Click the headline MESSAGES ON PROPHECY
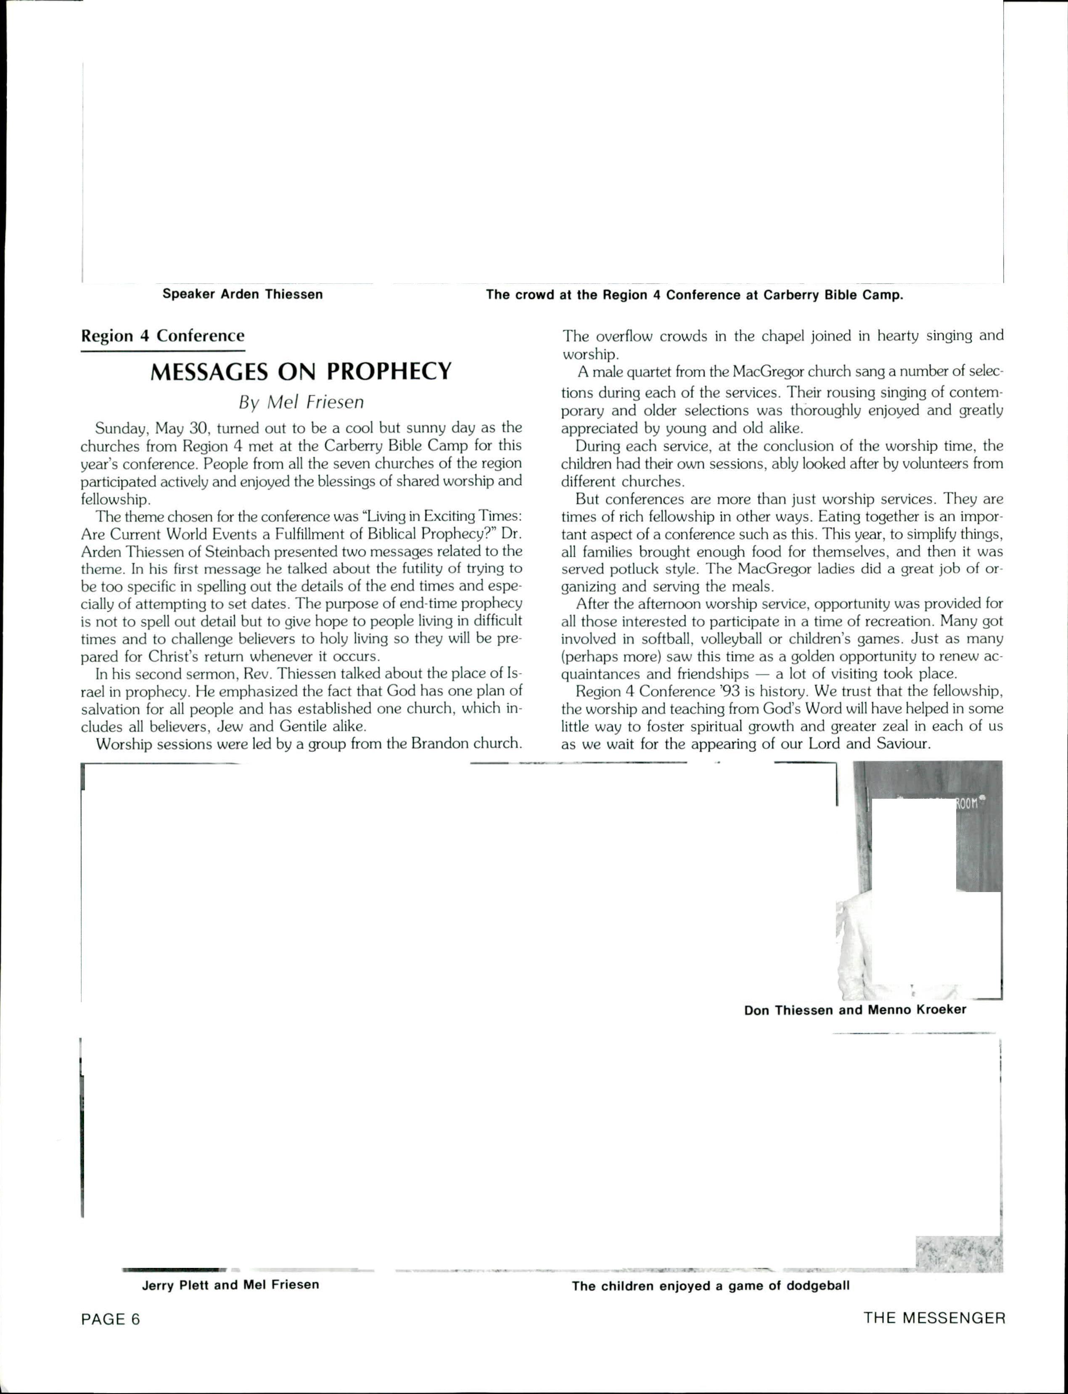[x=301, y=371]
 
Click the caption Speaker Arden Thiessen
[x=242, y=294]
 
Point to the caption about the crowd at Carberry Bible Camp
[x=694, y=295]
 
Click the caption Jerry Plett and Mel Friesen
[x=230, y=1285]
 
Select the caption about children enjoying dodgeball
[x=710, y=1286]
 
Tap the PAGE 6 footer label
[x=111, y=1319]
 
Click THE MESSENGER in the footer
[x=934, y=1318]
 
